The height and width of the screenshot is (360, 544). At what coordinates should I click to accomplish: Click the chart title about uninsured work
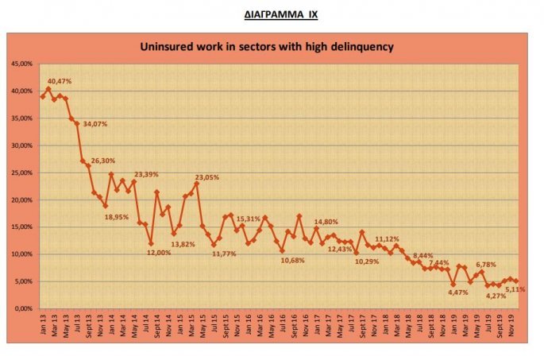click(x=267, y=47)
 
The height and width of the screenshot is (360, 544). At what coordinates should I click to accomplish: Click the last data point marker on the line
click(x=517, y=281)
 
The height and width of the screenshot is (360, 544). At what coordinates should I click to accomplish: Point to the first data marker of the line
click(x=43, y=96)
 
